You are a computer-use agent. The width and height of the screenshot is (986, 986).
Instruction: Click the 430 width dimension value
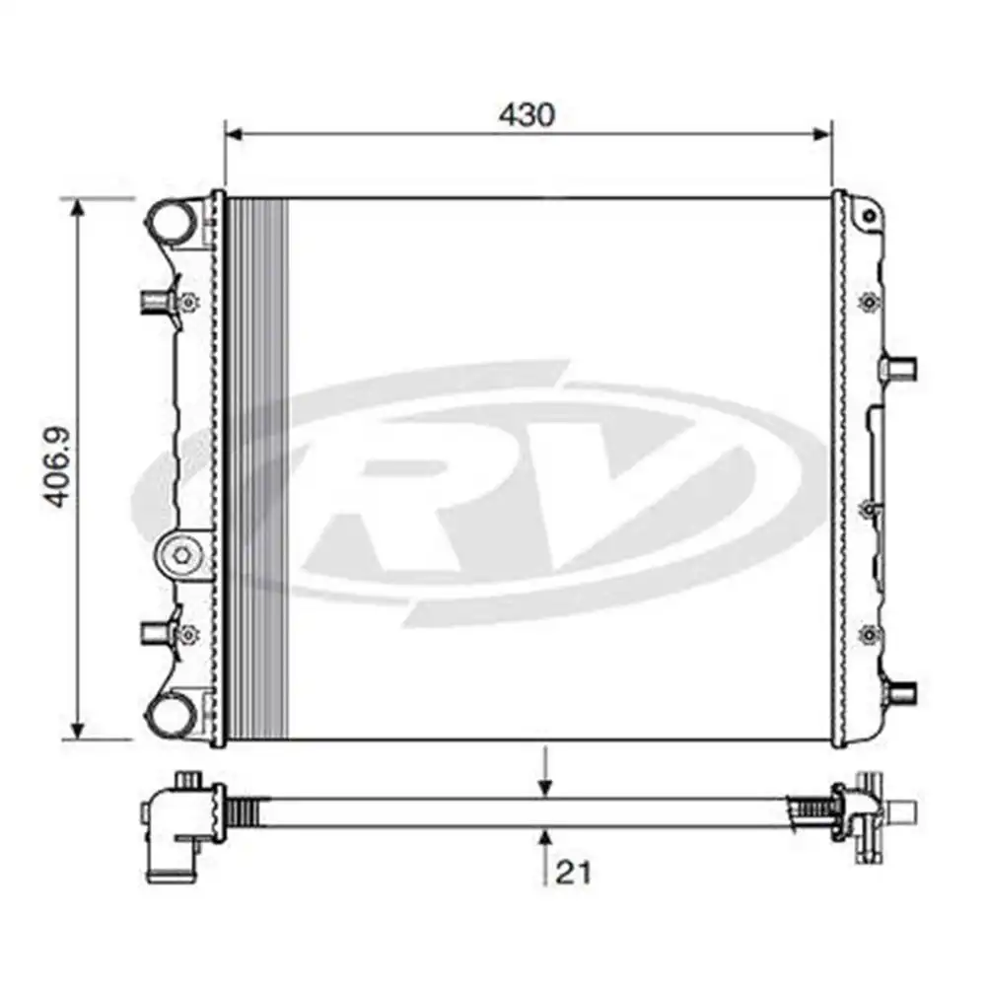527,115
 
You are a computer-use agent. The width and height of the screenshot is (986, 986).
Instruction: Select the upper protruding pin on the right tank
901,368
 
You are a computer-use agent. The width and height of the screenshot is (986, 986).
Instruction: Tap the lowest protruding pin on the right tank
901,691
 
